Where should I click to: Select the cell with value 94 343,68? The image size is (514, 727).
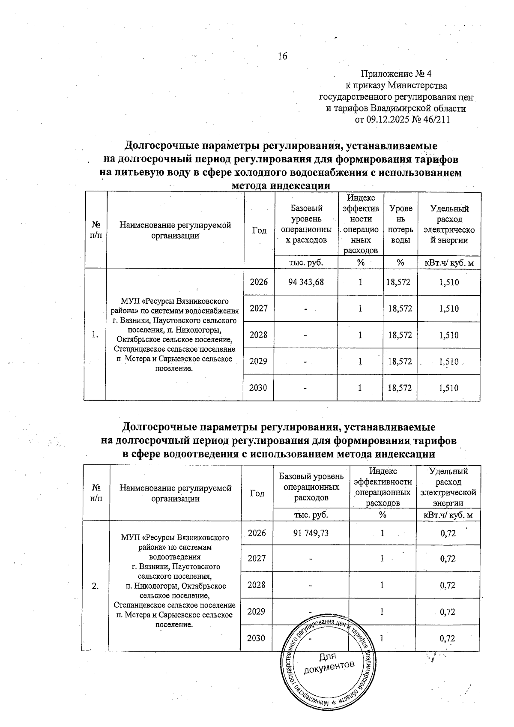306,282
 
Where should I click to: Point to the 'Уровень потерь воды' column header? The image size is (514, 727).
400,224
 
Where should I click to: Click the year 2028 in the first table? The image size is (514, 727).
258,335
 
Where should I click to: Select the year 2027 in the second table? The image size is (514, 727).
257,559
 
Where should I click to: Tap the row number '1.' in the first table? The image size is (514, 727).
95,335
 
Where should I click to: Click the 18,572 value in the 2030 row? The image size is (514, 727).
400,388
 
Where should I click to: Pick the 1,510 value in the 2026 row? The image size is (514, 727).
449,282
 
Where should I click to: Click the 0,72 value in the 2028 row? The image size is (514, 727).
448,585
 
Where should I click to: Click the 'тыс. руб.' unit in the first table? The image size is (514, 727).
306,263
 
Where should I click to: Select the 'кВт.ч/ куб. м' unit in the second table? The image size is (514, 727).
448,515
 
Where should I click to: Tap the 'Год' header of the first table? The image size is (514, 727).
259,230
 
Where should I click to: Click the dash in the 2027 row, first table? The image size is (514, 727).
306,309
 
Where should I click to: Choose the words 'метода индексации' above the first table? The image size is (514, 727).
281,186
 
